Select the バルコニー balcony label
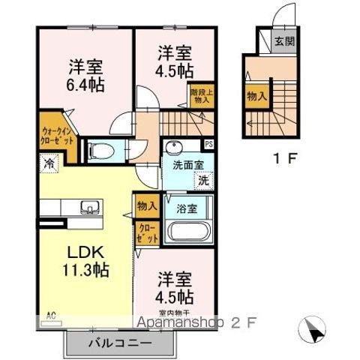pos(120,342)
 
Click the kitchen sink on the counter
pos(75,207)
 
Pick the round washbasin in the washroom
pos(175,147)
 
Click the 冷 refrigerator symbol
pos(49,162)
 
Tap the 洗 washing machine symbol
pos(202,179)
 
